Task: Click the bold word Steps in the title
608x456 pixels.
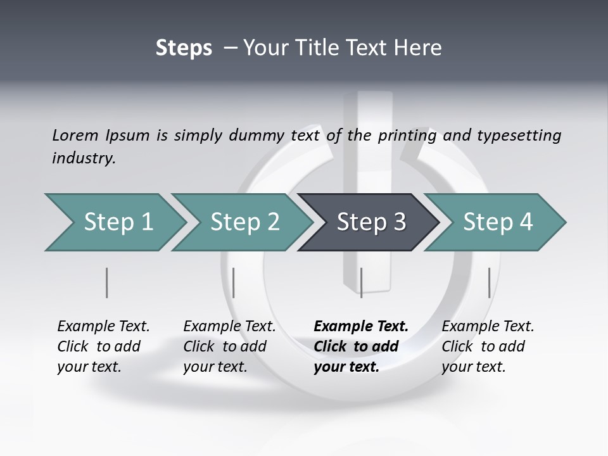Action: click(184, 47)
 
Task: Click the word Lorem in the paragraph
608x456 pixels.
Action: click(75, 135)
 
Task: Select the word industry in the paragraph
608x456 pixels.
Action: click(84, 158)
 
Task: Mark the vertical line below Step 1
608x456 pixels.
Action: click(106, 282)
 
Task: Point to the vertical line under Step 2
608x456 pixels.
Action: click(234, 282)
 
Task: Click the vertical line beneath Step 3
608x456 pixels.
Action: click(361, 282)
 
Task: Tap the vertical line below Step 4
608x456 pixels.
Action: click(489, 282)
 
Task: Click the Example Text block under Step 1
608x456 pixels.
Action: click(103, 346)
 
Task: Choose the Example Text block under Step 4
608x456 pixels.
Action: click(488, 346)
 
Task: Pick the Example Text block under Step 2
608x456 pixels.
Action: click(229, 346)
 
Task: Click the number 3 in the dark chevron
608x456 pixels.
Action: click(399, 222)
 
